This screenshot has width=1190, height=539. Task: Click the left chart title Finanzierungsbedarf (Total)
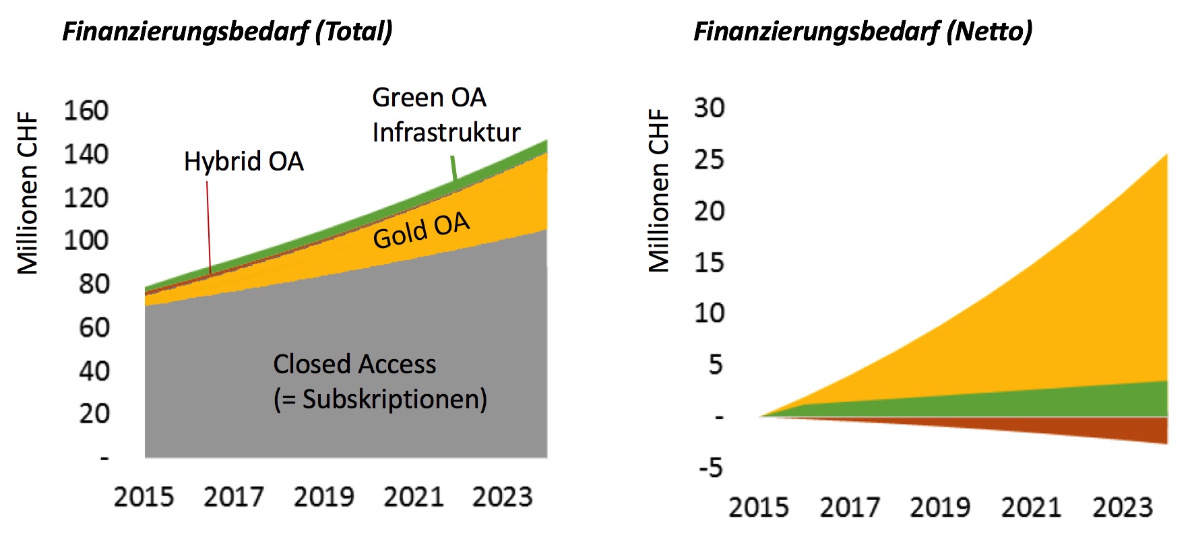coord(227,32)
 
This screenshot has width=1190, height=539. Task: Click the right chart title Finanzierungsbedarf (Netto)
coord(863,32)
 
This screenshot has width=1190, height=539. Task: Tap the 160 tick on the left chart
coord(86,110)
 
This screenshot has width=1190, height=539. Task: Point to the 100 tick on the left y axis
coord(86,241)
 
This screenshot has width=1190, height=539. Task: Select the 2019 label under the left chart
coord(323,497)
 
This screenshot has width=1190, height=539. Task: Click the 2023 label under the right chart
coord(1123,507)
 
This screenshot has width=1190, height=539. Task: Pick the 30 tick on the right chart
coord(710,108)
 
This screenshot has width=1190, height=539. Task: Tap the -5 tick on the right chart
coord(710,467)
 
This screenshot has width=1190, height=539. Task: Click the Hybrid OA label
coord(244,162)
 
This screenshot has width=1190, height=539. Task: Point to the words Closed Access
coord(354,364)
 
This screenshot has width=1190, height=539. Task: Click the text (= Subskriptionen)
coord(380,400)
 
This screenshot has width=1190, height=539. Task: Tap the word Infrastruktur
coord(446,132)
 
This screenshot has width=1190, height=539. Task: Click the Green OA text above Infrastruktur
coord(429,98)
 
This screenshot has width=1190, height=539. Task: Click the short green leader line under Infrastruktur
coord(453,168)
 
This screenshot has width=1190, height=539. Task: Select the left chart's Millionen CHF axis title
coord(28,193)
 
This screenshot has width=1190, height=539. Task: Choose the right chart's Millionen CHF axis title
coord(658,191)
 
